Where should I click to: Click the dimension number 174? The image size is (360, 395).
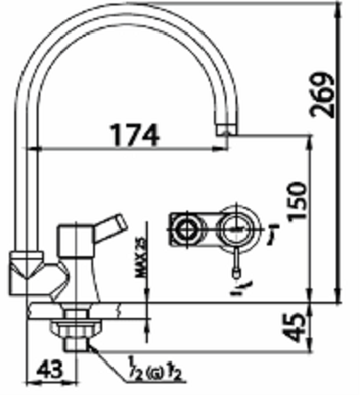click(134, 134)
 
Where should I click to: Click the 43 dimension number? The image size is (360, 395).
click(52, 367)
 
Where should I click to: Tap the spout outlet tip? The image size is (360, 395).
click(226, 135)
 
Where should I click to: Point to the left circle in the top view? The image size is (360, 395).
click(186, 229)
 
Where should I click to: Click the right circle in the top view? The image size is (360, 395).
click(237, 228)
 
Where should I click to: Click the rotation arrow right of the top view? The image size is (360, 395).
click(266, 234)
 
